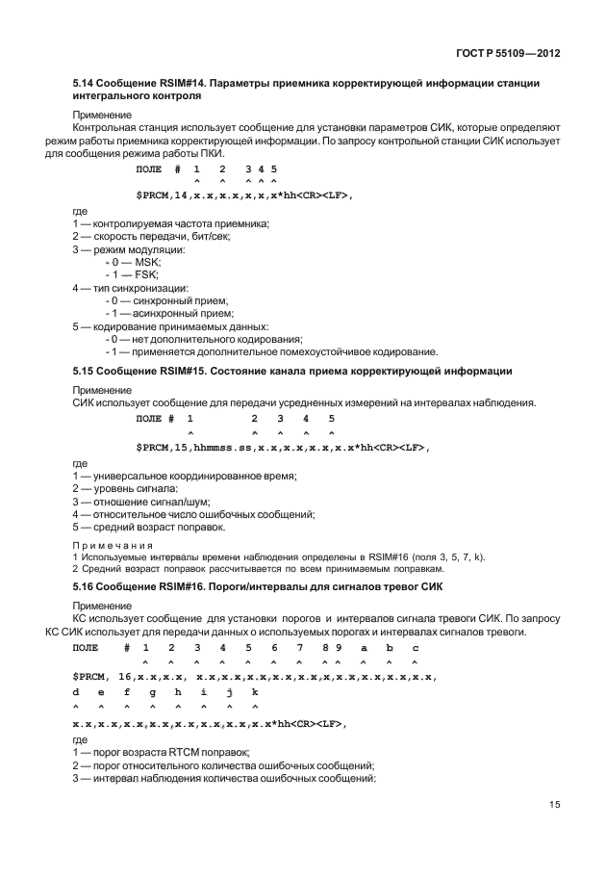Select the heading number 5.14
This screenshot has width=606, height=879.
pyautogui.click(x=85, y=84)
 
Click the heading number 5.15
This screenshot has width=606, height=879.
pyautogui.click(x=85, y=371)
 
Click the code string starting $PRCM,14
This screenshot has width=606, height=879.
pyautogui.click(x=244, y=195)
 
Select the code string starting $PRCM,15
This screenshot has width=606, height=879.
pyautogui.click(x=283, y=448)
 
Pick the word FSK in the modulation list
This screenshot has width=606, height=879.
pyautogui.click(x=146, y=275)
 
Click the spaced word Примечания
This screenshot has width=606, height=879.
pyautogui.click(x=114, y=545)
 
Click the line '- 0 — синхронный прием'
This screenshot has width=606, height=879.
pyautogui.click(x=166, y=300)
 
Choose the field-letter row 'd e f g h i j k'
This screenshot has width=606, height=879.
pyautogui.click(x=164, y=692)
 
